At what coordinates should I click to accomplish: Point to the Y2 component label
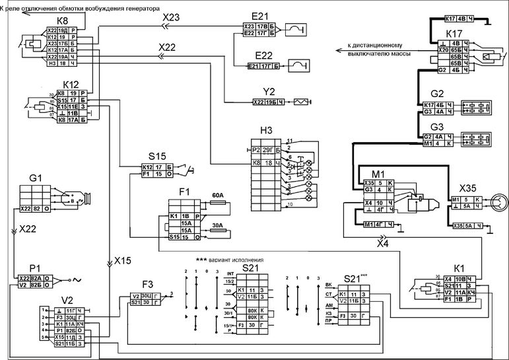269,92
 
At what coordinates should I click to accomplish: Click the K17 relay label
455,33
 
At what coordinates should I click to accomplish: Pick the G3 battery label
436,127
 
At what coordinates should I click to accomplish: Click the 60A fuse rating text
217,196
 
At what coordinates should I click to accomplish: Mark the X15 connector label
123,260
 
